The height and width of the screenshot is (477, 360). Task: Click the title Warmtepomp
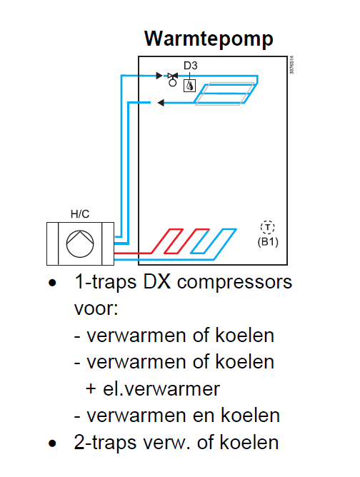209,39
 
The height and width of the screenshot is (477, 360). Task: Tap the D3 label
191,66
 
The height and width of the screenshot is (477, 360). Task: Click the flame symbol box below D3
189,86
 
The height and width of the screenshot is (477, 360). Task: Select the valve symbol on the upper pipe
173,79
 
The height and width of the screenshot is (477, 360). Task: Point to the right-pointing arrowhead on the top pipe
159,76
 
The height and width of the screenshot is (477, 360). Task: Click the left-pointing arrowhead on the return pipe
161,103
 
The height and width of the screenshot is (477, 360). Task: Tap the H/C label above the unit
80,214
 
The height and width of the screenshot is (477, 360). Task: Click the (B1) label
268,242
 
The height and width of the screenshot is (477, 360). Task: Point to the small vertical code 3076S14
291,65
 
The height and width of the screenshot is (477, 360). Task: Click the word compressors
234,283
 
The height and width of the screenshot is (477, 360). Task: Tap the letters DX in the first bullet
156,281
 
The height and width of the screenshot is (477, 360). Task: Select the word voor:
96,308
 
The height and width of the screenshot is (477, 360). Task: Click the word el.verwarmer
161,388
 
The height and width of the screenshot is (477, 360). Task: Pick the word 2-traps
105,443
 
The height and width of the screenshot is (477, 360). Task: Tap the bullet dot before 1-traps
52,283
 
